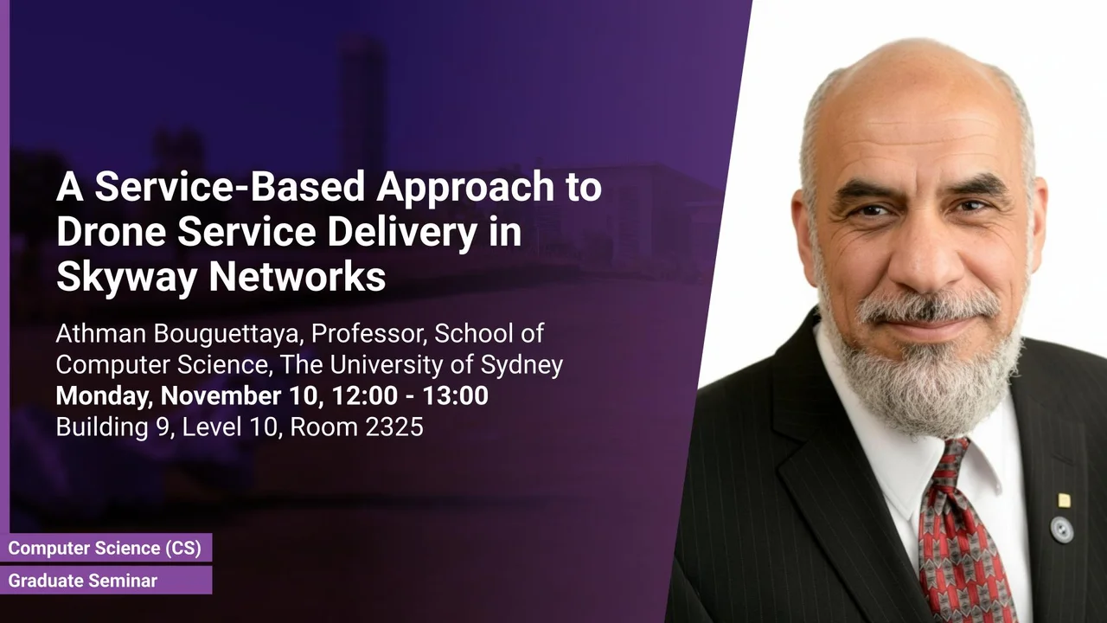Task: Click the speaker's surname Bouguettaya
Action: pos(227,334)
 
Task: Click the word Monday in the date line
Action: pos(104,396)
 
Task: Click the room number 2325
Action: pos(394,427)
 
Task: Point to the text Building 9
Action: pos(114,427)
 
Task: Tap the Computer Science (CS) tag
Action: pos(105,548)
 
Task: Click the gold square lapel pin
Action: pos(1064,501)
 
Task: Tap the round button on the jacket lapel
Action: pos(1061,529)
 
